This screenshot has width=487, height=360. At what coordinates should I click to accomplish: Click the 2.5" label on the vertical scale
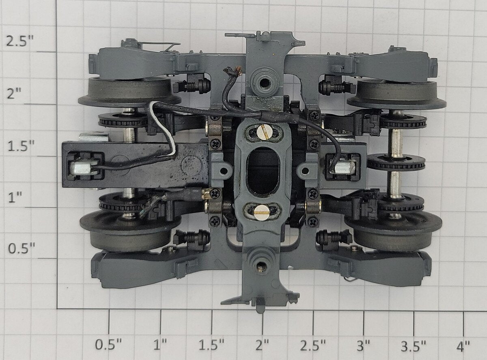(20, 41)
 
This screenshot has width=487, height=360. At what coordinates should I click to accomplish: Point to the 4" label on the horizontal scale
(463, 345)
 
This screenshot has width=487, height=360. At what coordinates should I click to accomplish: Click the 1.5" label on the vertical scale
(21, 146)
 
